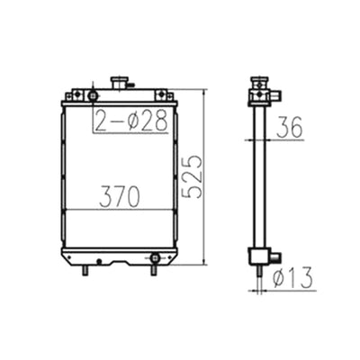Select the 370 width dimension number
point(120,197)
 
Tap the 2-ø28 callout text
point(131,121)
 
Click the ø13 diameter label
point(289,277)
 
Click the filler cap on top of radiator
point(120,84)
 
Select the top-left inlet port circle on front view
point(93,94)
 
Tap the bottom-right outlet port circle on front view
point(154,258)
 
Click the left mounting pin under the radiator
point(85,269)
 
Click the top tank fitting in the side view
point(262,93)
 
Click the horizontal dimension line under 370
point(120,210)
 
